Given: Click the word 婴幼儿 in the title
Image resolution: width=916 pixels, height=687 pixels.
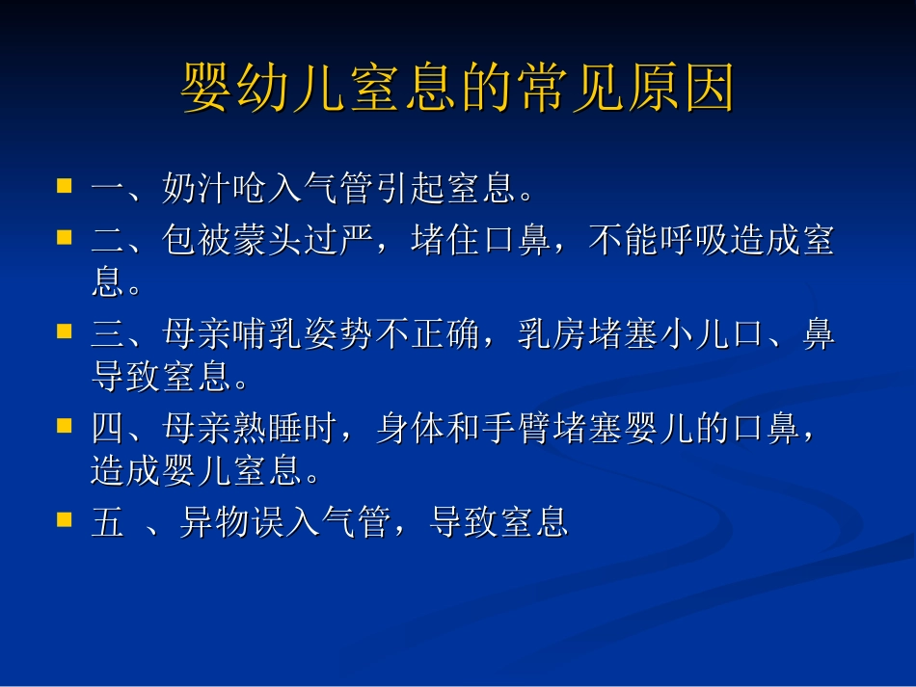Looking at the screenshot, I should tap(268, 90).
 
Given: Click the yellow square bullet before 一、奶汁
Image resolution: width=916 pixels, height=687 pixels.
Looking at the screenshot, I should tap(65, 183).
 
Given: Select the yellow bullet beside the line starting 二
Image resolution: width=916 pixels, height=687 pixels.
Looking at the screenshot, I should tap(65, 235).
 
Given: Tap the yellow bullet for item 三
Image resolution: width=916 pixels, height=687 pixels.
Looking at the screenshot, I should tap(65, 330).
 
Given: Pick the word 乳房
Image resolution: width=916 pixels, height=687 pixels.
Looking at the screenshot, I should tap(551, 335).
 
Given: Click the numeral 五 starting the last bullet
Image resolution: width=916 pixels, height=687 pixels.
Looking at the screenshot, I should tap(107, 523).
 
